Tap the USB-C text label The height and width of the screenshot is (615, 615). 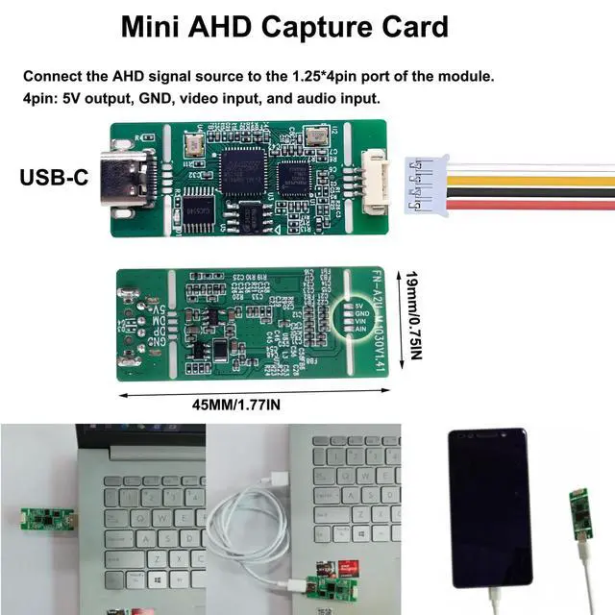[x=57, y=178]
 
